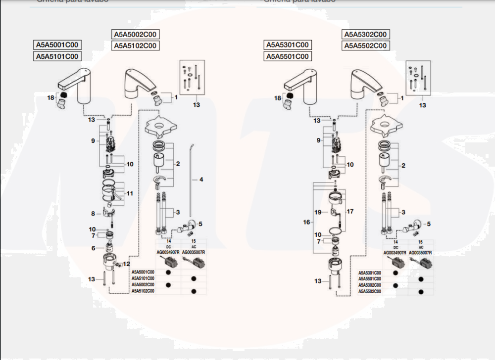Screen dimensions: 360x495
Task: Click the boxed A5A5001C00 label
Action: tap(57, 45)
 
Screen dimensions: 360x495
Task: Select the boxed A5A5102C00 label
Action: tap(135, 46)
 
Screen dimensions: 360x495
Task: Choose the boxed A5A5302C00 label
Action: tap(365, 35)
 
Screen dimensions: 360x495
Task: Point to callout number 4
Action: tap(201, 180)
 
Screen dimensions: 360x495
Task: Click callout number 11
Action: tap(130, 193)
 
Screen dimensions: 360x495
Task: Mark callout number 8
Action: tap(93, 214)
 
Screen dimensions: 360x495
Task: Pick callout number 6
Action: tap(93, 248)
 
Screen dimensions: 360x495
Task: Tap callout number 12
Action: tap(126, 264)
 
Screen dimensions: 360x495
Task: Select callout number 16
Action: tap(307, 223)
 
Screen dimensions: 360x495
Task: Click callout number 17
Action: tap(350, 212)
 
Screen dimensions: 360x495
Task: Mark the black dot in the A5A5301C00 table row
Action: tap(396, 272)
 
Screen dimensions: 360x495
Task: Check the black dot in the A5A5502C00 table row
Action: tap(421, 291)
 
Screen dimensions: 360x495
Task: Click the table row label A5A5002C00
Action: tap(143, 285)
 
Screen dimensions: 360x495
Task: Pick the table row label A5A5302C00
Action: tap(370, 285)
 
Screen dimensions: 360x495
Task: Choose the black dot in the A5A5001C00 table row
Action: tap(168, 272)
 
